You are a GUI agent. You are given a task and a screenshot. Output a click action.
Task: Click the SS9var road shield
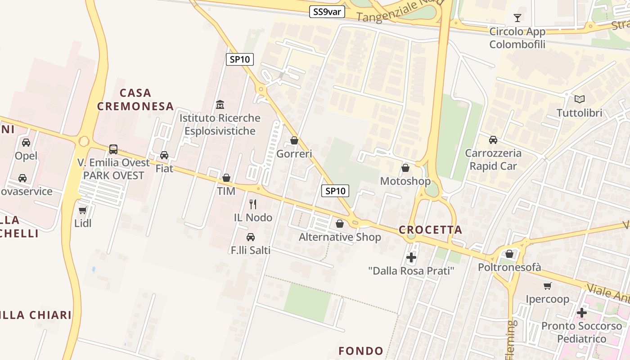[x=327, y=12]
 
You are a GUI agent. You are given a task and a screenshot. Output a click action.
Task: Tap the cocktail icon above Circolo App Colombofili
[x=517, y=18]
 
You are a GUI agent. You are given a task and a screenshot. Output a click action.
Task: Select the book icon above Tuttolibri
[x=580, y=99]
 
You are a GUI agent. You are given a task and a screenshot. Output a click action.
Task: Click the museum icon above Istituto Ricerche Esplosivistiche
[x=220, y=105]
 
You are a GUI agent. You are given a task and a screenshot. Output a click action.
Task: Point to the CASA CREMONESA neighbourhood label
[x=135, y=99]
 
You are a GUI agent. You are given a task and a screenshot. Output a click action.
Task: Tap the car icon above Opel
[x=26, y=143]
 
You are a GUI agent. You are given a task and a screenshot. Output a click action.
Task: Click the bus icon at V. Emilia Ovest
[x=113, y=149]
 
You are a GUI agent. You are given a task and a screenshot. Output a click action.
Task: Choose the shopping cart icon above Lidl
[x=83, y=210]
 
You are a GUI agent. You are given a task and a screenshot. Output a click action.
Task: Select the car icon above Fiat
[x=164, y=155]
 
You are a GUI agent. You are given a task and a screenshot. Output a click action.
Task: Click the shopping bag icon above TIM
[x=226, y=178]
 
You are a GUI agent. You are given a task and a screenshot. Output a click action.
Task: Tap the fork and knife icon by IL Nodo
[x=253, y=204]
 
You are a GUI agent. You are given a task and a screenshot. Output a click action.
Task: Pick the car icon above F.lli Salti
[x=251, y=237]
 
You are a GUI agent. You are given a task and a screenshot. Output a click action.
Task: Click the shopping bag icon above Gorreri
[x=294, y=140]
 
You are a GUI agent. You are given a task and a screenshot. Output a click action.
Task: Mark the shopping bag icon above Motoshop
[x=405, y=168]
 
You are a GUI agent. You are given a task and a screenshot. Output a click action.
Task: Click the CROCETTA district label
[x=431, y=230]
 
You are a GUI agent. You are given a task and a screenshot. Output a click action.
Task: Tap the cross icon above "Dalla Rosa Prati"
[x=411, y=257]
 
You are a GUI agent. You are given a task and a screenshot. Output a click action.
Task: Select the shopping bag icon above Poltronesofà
[x=509, y=254]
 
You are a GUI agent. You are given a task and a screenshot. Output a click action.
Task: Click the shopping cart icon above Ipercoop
[x=548, y=286]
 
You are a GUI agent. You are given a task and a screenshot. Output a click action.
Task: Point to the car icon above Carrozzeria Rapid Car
[x=493, y=139]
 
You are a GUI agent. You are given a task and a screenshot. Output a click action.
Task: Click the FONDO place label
[x=361, y=351]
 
